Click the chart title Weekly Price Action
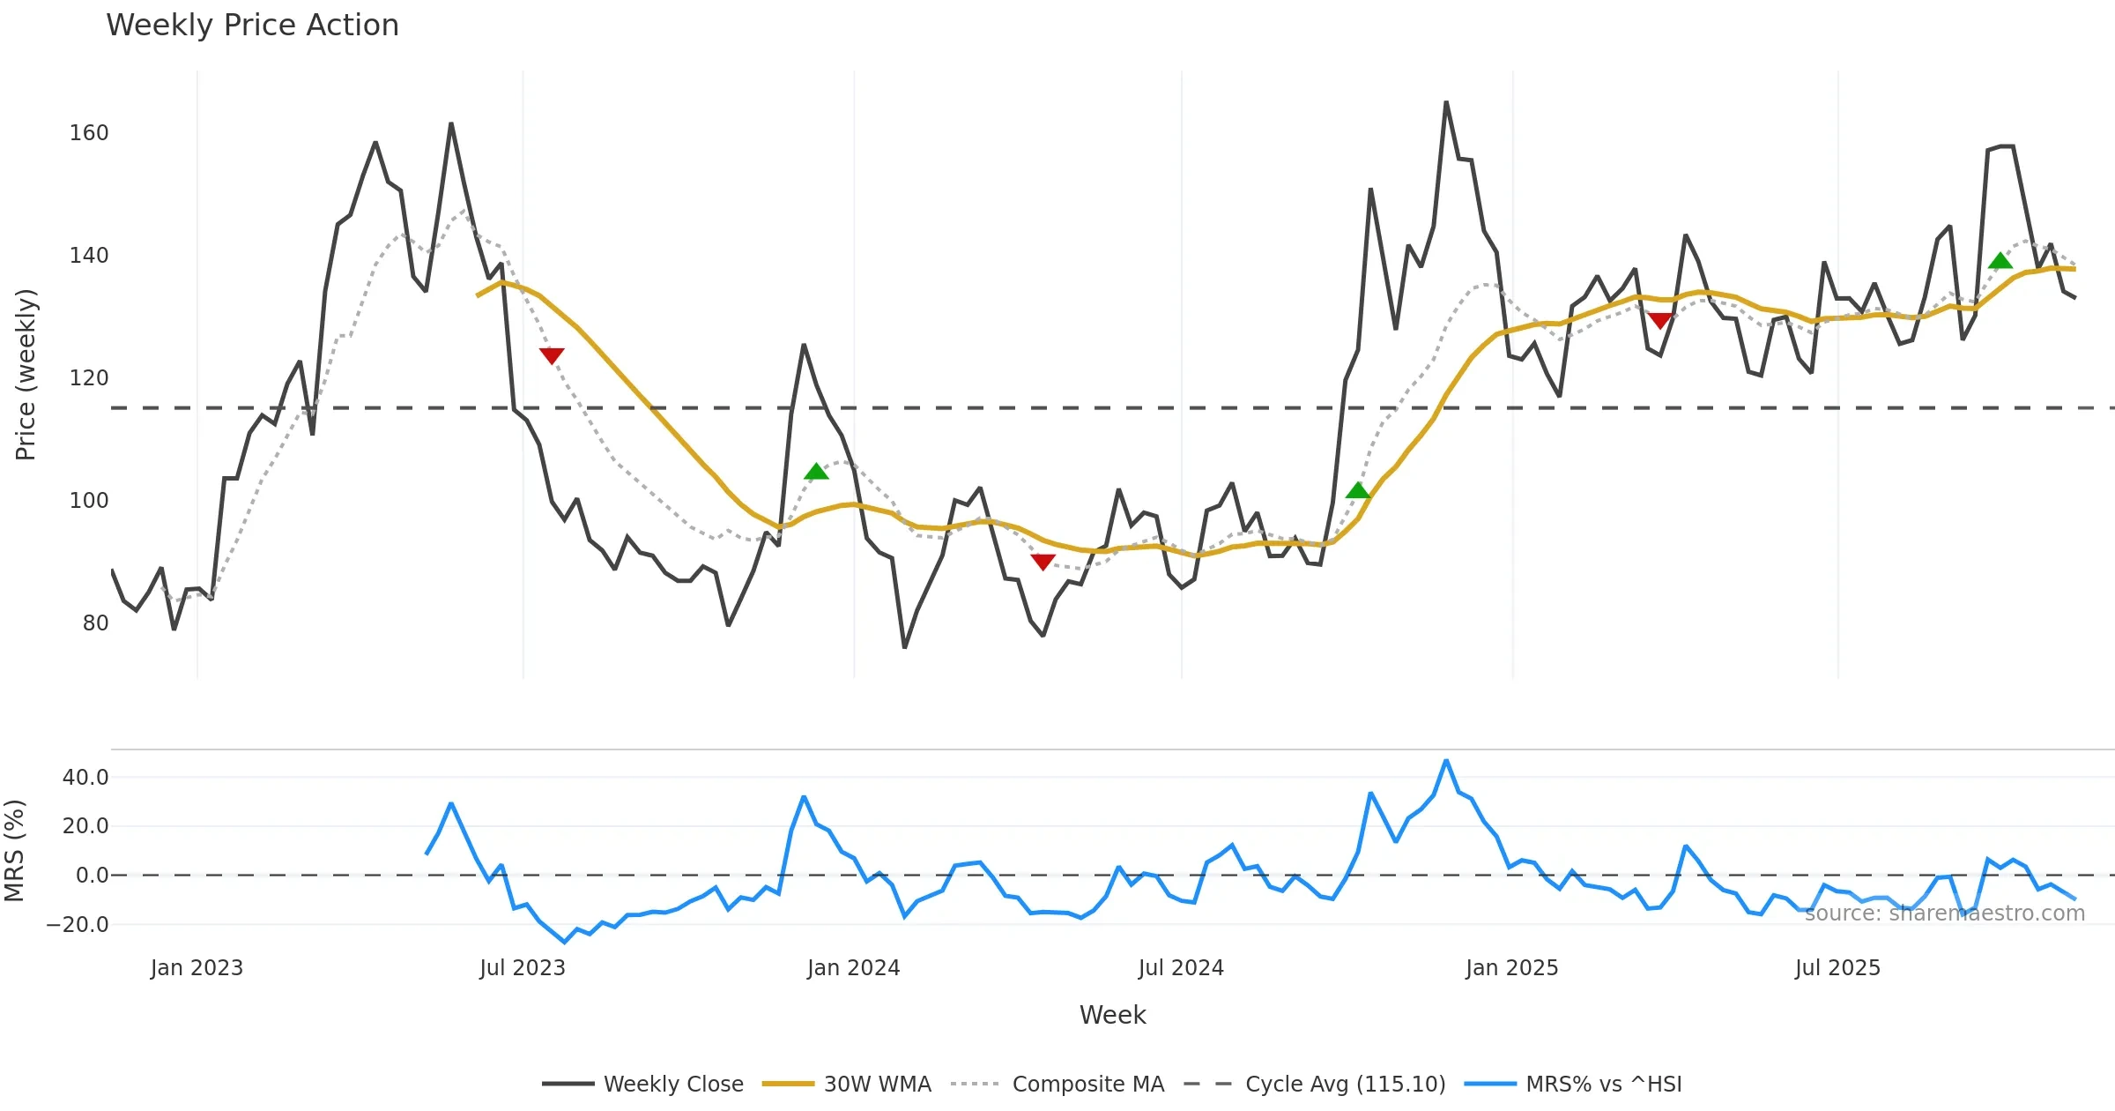click(252, 26)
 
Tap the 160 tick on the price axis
click(89, 133)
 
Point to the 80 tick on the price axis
click(95, 623)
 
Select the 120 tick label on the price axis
click(89, 378)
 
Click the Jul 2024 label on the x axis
click(1181, 968)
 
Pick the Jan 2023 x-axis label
click(197, 968)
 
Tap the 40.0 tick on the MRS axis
click(85, 778)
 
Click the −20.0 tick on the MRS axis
click(78, 925)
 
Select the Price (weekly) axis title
click(26, 375)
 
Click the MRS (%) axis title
click(14, 851)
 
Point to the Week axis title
click(1112, 1016)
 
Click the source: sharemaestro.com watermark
click(1944, 913)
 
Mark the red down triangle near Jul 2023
click(552, 355)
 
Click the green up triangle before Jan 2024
click(816, 472)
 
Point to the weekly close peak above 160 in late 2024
click(1446, 103)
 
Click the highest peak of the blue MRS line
click(1446, 760)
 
